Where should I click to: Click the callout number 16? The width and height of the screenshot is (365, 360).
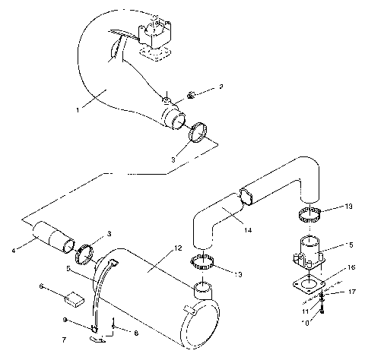[350, 267]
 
